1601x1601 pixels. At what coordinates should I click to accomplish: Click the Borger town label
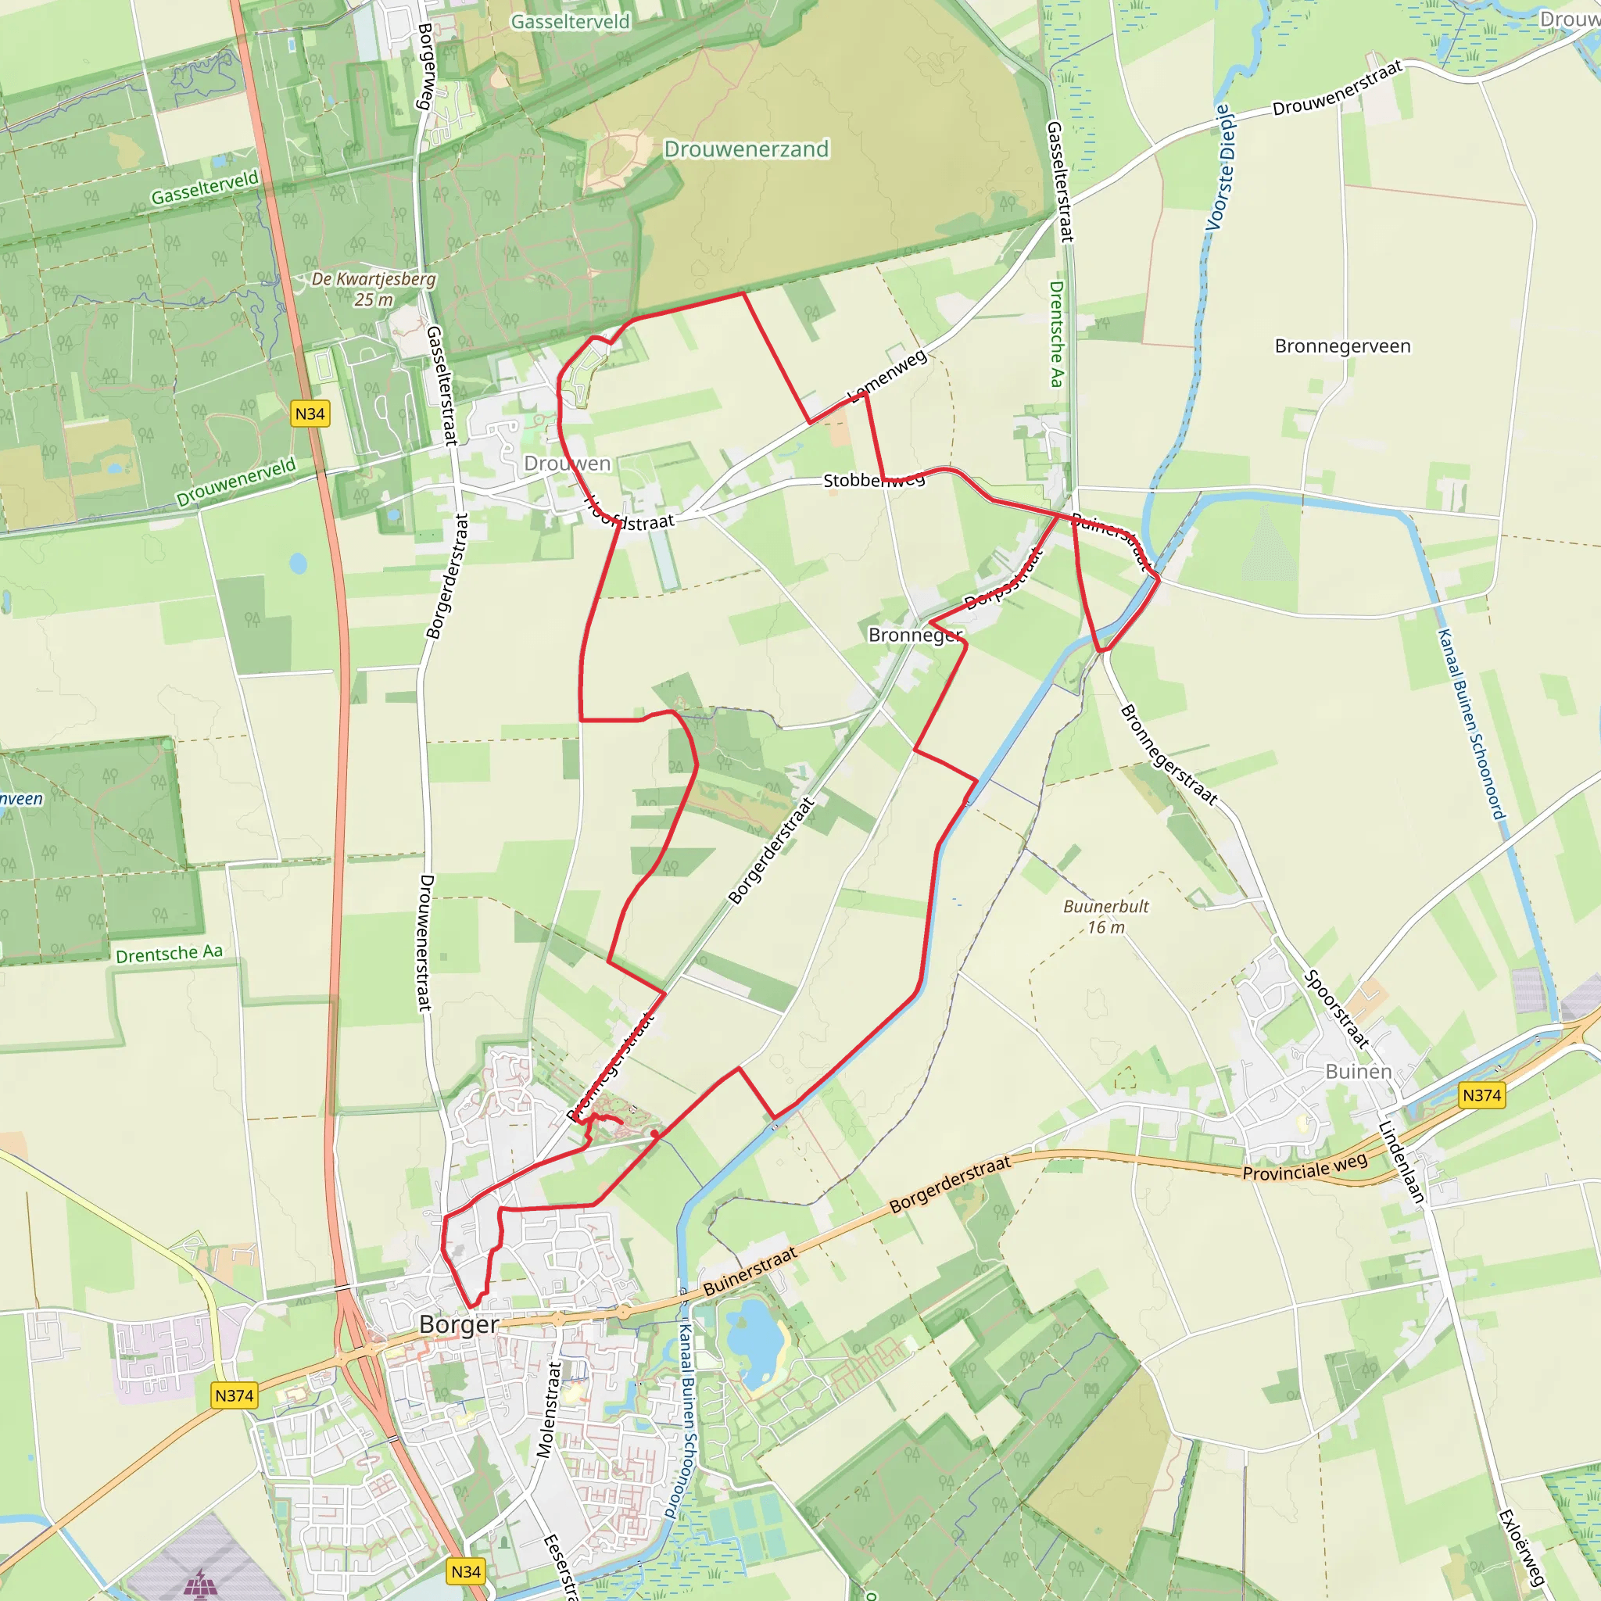point(458,1324)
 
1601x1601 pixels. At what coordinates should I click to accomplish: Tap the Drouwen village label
point(568,464)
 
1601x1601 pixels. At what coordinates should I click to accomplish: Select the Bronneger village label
point(915,635)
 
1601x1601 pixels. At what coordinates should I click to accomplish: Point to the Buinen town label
point(1358,1072)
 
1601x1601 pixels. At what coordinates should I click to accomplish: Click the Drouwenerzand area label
point(746,149)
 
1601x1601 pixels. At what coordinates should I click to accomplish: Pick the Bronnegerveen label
point(1342,346)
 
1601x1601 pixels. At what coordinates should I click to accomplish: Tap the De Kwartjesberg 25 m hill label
point(374,288)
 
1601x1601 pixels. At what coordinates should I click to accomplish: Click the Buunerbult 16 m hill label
point(1105,916)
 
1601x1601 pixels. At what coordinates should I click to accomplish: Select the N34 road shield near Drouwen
point(310,414)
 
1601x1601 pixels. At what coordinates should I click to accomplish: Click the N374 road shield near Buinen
point(1481,1095)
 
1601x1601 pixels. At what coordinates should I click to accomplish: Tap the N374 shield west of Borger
point(235,1395)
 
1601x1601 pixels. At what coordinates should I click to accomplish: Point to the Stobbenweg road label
point(873,480)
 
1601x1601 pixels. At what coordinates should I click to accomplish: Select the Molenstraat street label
point(550,1409)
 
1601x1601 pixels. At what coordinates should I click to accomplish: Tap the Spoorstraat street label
point(1337,1009)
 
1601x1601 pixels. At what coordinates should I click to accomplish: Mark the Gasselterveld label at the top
point(570,22)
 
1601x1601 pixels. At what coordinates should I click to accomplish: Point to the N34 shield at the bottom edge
point(466,1571)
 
